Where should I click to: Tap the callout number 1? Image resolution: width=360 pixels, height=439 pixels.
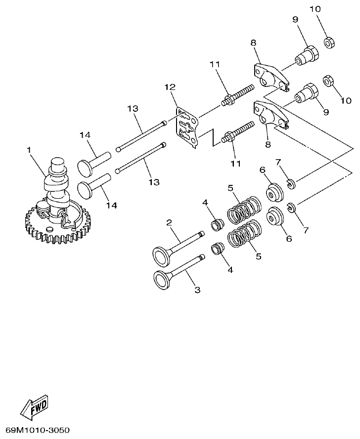click(29, 149)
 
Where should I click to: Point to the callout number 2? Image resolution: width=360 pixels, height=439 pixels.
click(169, 223)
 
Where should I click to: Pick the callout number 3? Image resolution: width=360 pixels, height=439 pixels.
click(197, 290)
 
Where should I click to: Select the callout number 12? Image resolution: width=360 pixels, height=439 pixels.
click(170, 87)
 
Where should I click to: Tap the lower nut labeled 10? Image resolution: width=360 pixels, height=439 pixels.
click(327, 80)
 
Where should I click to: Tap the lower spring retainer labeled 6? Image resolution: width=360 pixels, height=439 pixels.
click(274, 217)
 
